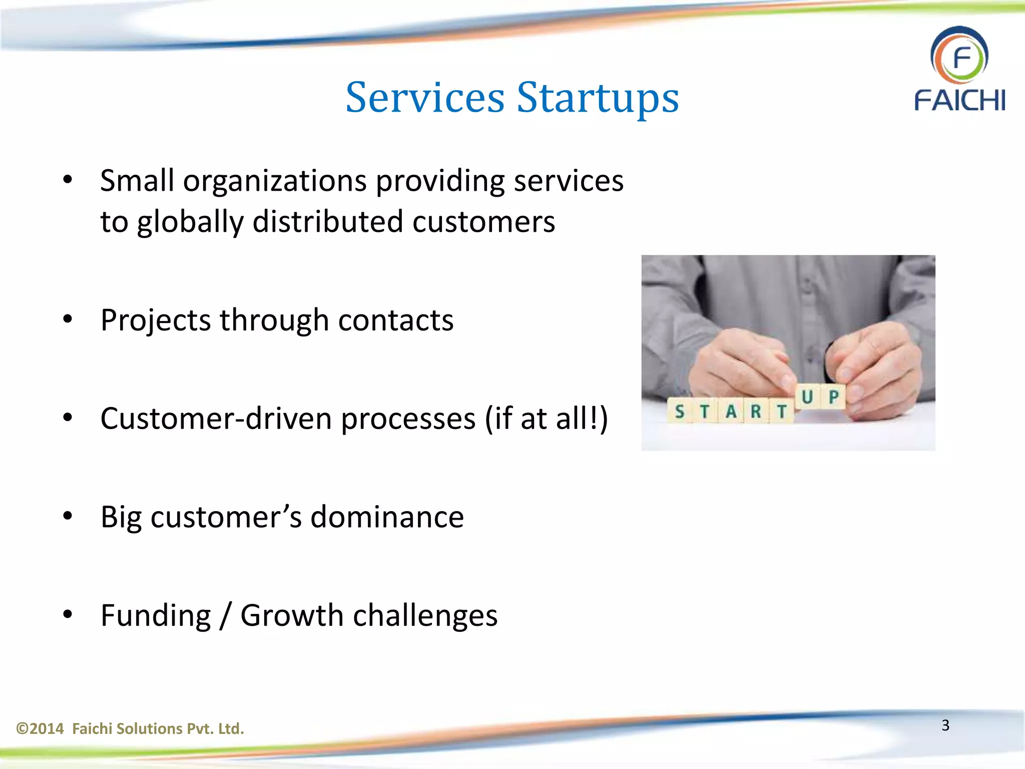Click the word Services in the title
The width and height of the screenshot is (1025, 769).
click(x=425, y=98)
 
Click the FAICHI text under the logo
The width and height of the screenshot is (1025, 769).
click(x=959, y=100)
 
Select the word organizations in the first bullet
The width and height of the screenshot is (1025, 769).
click(x=275, y=181)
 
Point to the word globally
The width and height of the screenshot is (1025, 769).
click(x=190, y=222)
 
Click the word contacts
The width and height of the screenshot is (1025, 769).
click(x=395, y=320)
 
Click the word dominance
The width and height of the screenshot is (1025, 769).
click(x=387, y=517)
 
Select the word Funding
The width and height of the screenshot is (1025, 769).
click(x=156, y=616)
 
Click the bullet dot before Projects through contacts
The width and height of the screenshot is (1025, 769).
click(x=68, y=319)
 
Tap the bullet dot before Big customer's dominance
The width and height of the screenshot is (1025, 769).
click(x=68, y=516)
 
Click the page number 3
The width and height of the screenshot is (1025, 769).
click(x=945, y=725)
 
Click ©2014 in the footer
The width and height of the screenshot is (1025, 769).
click(x=40, y=728)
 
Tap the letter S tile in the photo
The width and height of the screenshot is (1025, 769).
click(x=679, y=412)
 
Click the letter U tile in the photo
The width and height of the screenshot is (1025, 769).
click(x=807, y=397)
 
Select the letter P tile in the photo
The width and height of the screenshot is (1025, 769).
click(x=833, y=397)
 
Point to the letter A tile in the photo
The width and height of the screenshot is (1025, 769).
click(x=731, y=412)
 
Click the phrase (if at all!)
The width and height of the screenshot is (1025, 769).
click(x=546, y=419)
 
